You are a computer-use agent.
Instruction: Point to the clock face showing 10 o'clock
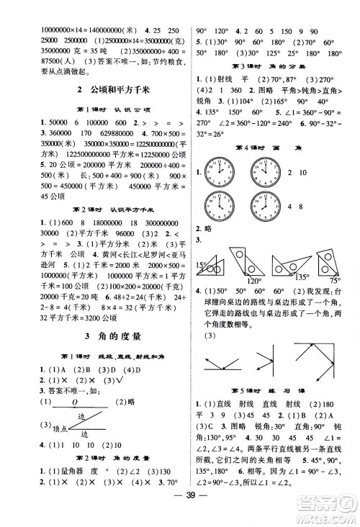[x=264, y=172]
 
